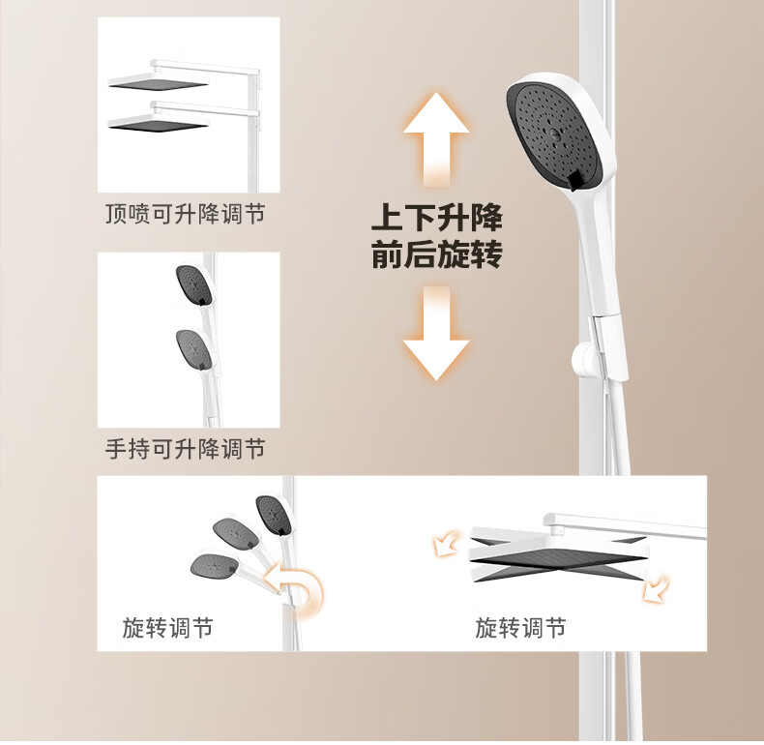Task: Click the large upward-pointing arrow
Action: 436,139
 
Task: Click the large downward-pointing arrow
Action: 436,334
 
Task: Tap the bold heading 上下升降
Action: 436,217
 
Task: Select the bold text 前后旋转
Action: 436,254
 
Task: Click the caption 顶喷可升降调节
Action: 185,214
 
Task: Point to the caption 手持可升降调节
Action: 185,449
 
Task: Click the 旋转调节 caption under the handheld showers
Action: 167,628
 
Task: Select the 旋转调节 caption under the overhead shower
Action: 520,628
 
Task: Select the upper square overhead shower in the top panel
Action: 159,81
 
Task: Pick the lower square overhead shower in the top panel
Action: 159,123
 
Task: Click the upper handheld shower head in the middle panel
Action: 195,285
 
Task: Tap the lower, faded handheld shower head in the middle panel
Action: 195,349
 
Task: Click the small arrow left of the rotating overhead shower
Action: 448,543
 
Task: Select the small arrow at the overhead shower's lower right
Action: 657,587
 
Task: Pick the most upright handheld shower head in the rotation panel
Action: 275,515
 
